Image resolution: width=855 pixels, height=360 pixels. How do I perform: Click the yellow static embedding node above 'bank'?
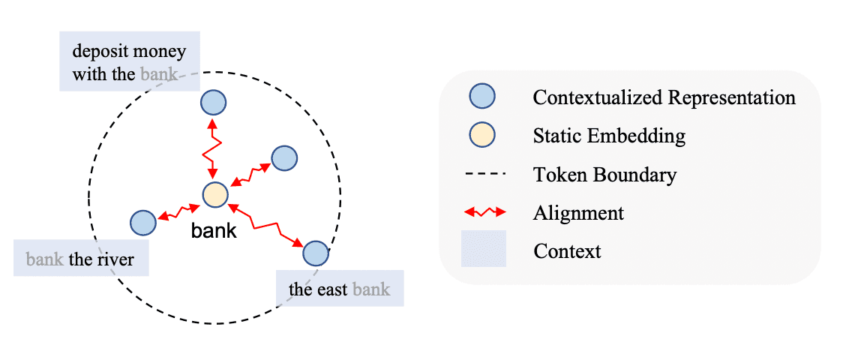214,195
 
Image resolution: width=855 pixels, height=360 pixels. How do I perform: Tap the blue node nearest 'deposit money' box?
213,101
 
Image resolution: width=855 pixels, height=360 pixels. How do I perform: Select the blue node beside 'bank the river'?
142,222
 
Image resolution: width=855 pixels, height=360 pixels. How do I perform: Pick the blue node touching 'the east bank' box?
316,253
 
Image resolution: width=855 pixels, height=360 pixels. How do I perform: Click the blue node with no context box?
284,157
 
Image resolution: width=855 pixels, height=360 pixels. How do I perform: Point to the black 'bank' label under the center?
214,231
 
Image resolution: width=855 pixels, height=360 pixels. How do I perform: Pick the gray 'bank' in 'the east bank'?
371,289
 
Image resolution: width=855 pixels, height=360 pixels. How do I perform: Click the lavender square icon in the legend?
484,249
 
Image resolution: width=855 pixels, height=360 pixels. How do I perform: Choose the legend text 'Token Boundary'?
604,175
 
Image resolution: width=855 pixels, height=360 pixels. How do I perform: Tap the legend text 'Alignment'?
578,212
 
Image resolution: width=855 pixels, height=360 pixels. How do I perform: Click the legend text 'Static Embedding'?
609,136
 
